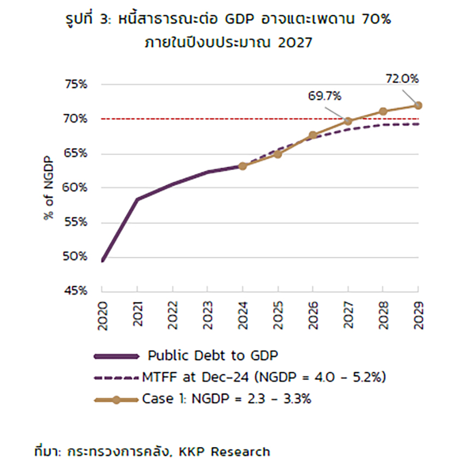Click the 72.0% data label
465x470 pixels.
[x=402, y=78]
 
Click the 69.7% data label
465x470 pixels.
[x=325, y=96]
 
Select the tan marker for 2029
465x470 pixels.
[x=419, y=105]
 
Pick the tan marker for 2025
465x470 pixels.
[x=278, y=154]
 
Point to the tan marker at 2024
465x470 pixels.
[x=242, y=166]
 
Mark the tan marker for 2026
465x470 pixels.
[x=313, y=135]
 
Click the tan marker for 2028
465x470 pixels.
[x=383, y=111]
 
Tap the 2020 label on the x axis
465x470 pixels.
[x=102, y=315]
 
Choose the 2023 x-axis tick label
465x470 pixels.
[x=207, y=315]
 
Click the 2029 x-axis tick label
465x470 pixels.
[x=419, y=315]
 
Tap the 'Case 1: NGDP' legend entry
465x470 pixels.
[x=226, y=399]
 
